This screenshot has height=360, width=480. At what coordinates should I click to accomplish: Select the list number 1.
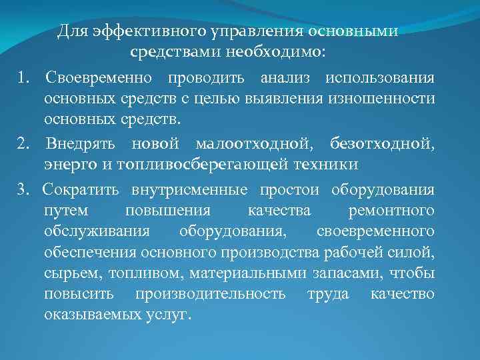(x=22, y=78)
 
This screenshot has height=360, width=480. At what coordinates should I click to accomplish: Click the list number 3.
(x=22, y=190)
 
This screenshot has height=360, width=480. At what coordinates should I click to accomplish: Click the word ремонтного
(x=392, y=211)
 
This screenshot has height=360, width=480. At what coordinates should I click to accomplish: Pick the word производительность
(x=210, y=294)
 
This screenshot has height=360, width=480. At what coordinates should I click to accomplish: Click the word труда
(x=328, y=294)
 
